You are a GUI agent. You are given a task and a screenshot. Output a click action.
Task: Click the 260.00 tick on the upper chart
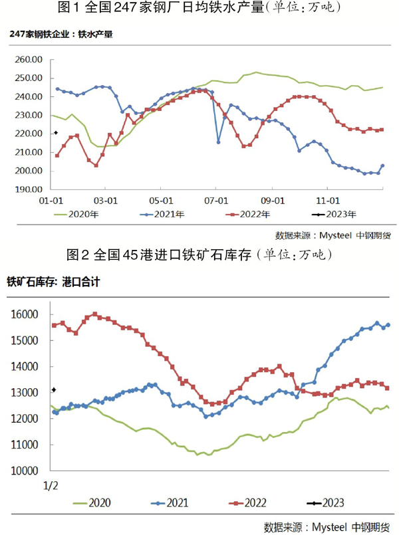(x=29, y=59)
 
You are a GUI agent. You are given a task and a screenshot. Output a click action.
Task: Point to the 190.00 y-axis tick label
(x=29, y=189)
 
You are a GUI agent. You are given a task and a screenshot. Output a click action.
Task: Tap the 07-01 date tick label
(x=216, y=199)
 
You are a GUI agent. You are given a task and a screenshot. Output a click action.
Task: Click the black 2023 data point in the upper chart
(x=56, y=133)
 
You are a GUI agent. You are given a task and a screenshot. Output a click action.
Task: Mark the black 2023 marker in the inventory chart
(x=54, y=389)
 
